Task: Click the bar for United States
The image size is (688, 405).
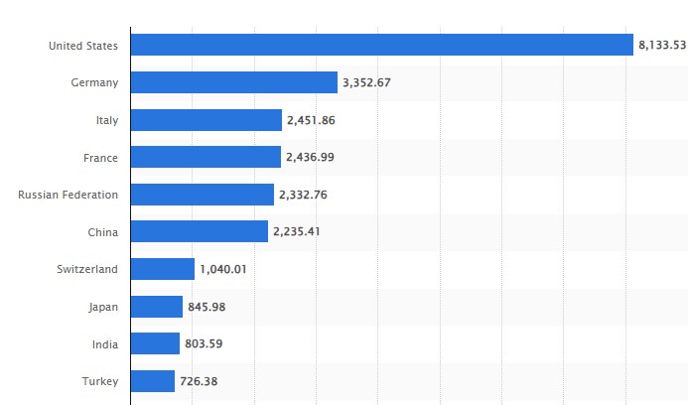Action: coord(381,45)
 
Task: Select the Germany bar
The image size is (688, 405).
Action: coord(233,82)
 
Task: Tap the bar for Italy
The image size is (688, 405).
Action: coord(206,120)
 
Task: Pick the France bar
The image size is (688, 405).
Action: coord(206,157)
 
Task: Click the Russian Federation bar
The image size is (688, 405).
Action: coord(202,195)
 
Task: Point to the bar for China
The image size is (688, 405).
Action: coord(199,231)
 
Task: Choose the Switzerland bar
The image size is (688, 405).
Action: coord(162,269)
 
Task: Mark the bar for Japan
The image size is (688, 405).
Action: coord(156,307)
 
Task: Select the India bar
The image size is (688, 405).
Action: coord(155,343)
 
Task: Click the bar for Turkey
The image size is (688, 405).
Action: coord(152,381)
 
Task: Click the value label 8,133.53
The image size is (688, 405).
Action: coord(661,45)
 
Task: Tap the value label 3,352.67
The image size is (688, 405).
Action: coord(366,82)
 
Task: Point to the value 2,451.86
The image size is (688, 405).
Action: coord(311,120)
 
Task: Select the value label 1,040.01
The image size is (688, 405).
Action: coord(223,269)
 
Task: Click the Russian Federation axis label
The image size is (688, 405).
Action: coord(68,195)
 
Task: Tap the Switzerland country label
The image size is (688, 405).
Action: coord(87,269)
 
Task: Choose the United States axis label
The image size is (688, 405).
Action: coord(83,46)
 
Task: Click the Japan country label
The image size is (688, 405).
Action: coord(102,307)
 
